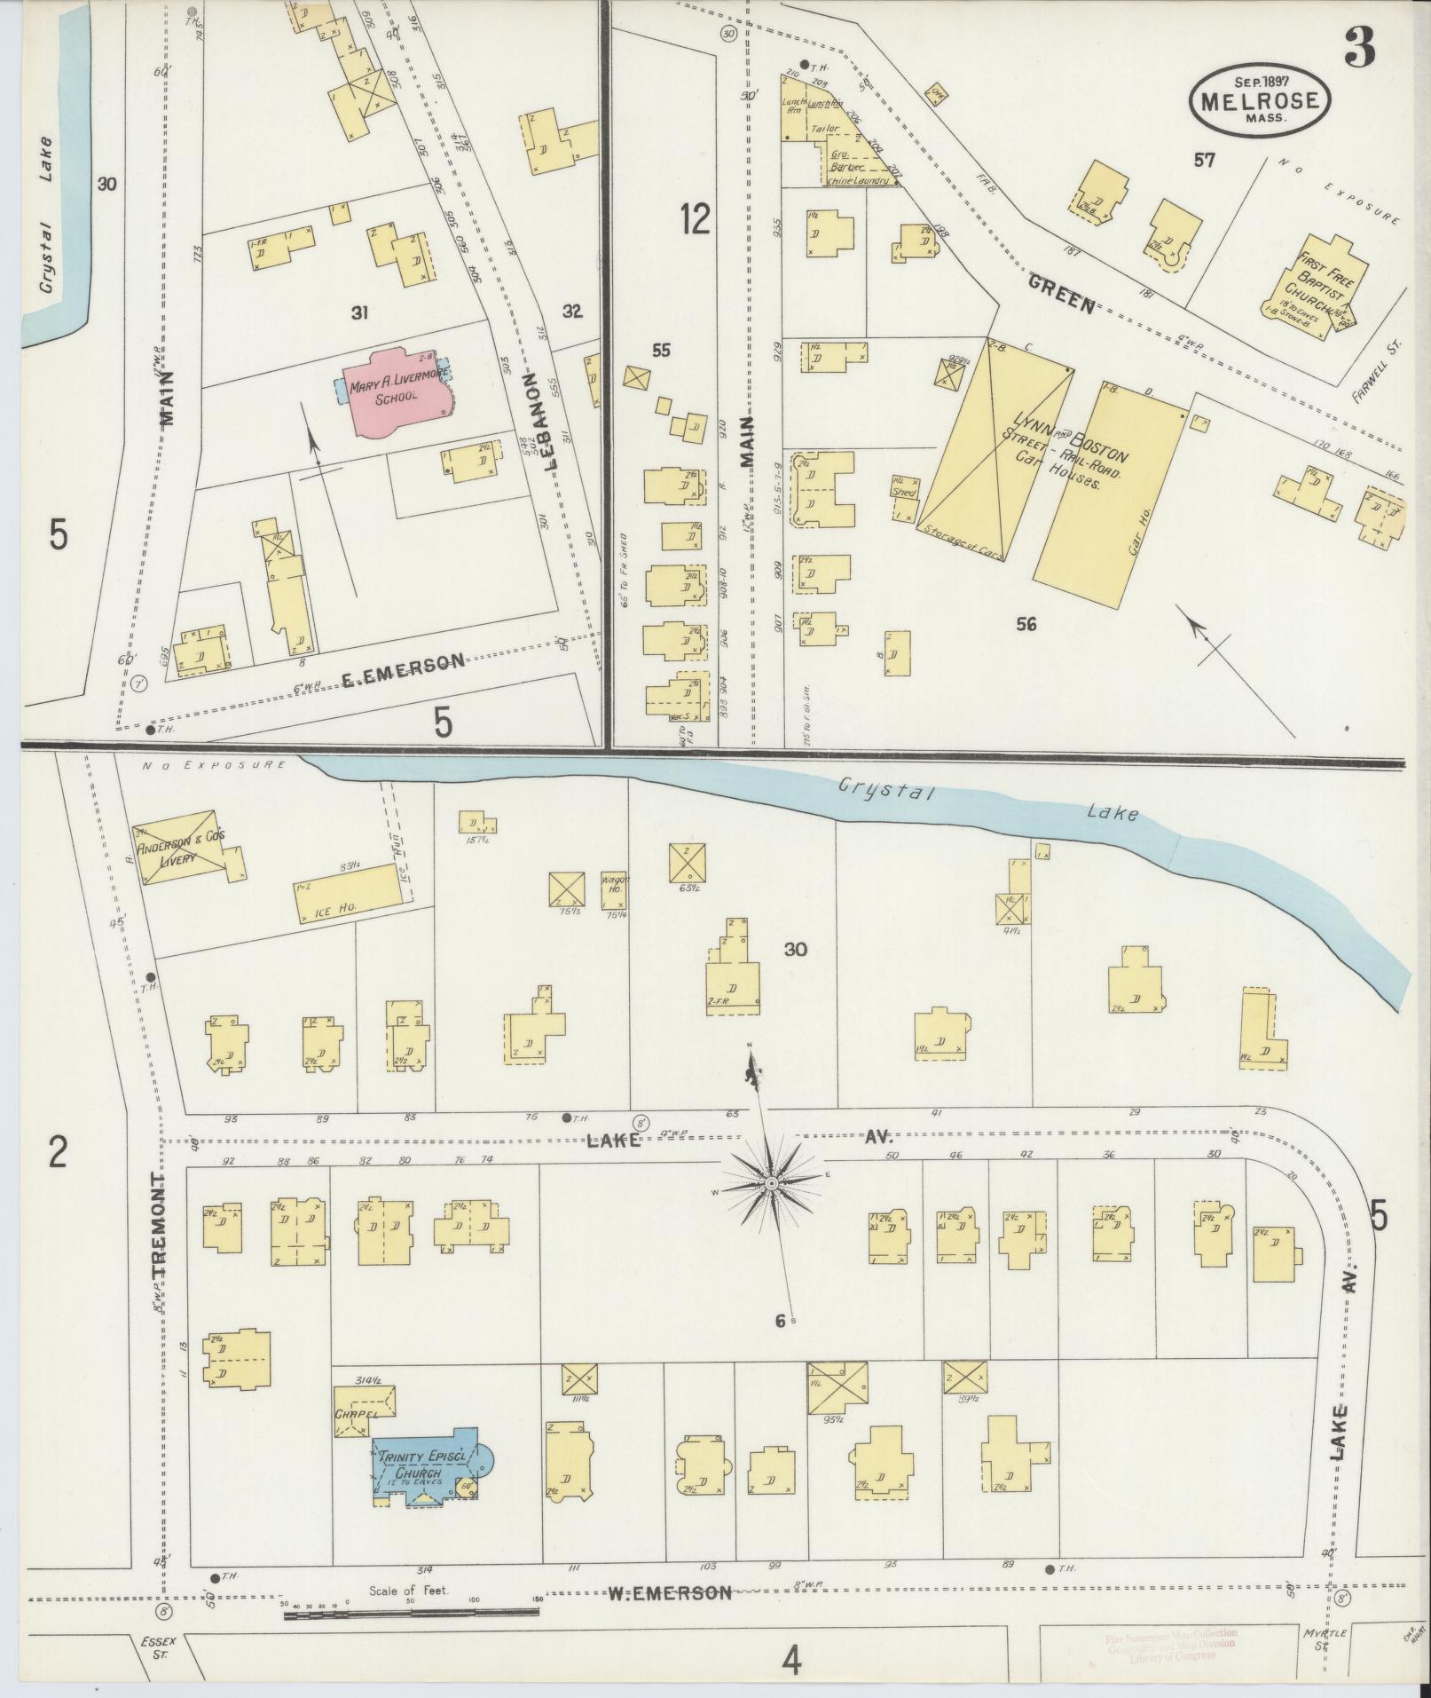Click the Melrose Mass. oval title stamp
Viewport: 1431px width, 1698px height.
(x=1261, y=102)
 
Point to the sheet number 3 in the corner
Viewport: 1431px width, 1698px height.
(x=1359, y=47)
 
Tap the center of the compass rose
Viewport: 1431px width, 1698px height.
(x=771, y=1183)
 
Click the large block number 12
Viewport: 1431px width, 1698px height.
(x=696, y=218)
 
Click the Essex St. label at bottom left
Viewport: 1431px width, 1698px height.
(x=153, y=1647)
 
